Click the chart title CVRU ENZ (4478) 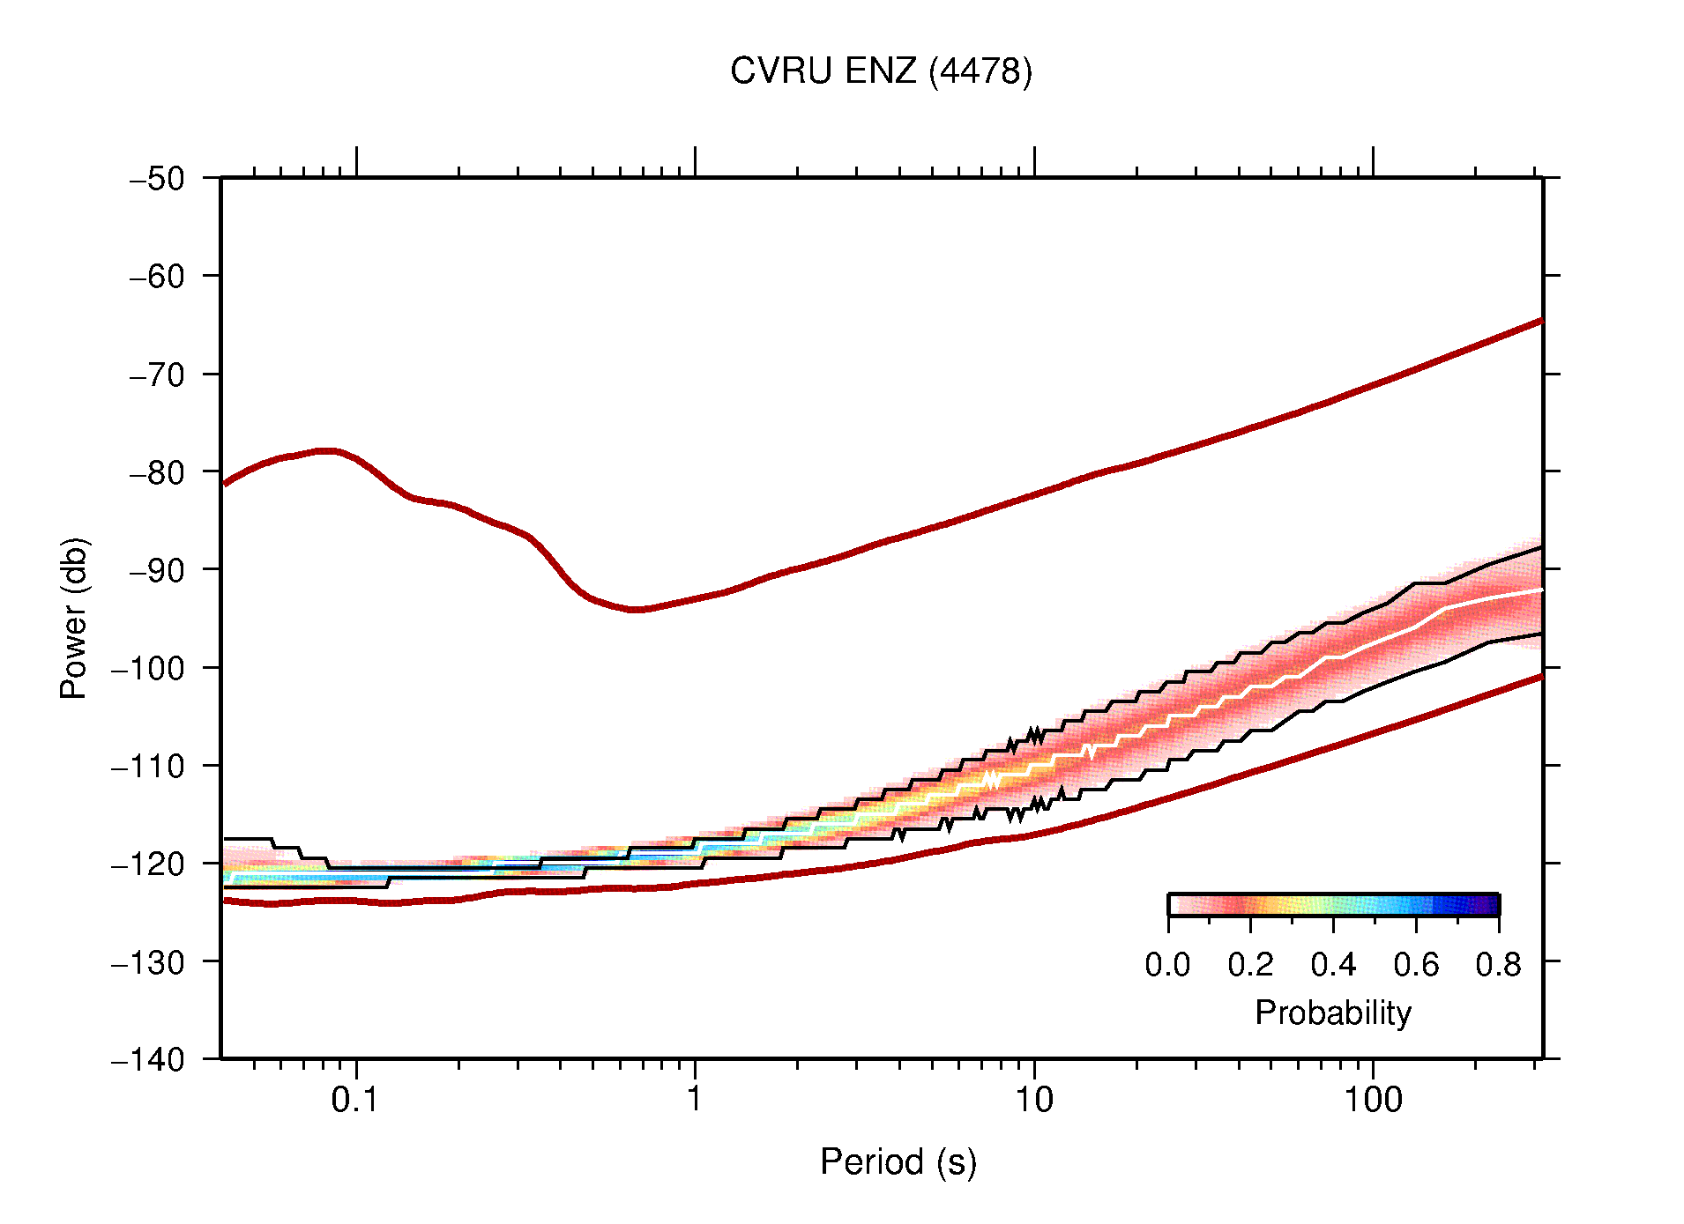coord(881,71)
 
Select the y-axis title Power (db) coord(74,618)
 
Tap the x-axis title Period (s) coord(898,1162)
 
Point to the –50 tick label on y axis coord(157,179)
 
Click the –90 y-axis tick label coord(157,570)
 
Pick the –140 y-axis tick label coord(148,1059)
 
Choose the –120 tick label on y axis coord(148,864)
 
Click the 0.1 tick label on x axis coord(354,1100)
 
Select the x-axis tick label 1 coord(695,1100)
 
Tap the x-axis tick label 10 coord(1033,1100)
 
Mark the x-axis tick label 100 coord(1373,1100)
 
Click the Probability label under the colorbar coord(1332,1013)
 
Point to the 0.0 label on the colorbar coord(1167,965)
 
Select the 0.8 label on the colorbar coord(1498,965)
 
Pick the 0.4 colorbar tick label coord(1332,965)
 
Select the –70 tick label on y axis coord(157,375)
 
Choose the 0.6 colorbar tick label coord(1415,965)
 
